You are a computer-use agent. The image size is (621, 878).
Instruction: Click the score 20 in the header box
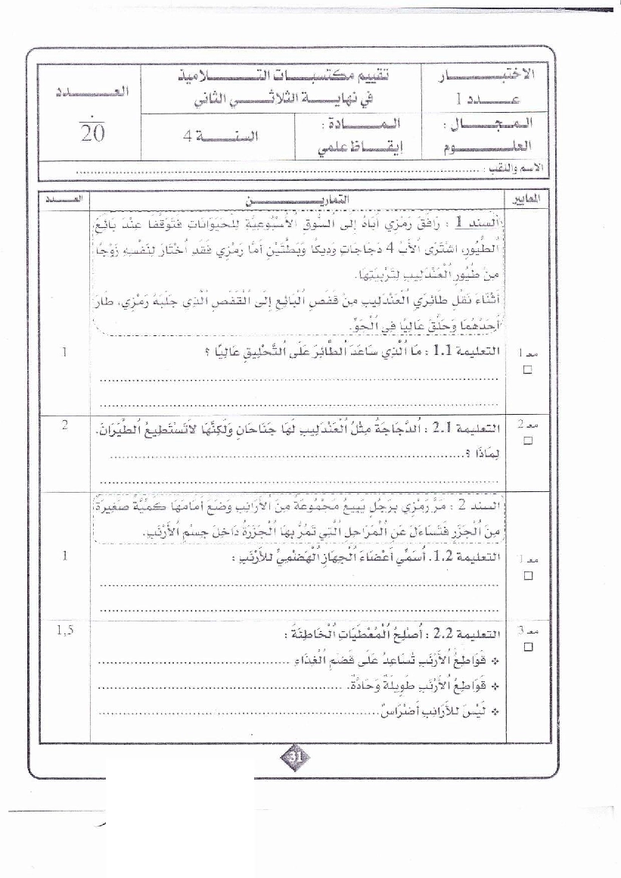point(92,133)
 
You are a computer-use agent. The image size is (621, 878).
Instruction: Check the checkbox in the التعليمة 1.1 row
point(527,369)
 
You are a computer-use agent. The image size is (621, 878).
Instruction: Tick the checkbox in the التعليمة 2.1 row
point(527,440)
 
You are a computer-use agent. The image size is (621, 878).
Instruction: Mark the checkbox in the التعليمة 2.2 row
point(527,646)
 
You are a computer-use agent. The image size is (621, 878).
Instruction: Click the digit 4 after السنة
point(188,136)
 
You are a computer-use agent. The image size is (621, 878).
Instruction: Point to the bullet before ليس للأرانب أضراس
point(495,711)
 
